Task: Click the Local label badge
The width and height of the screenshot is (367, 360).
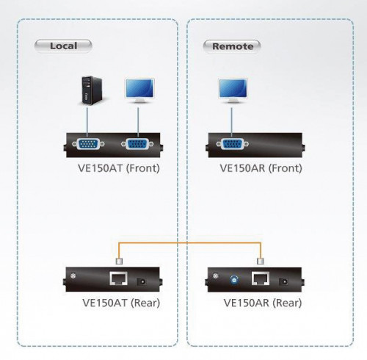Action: pyautogui.click(x=64, y=46)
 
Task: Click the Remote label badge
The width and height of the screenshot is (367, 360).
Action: pyautogui.click(x=231, y=46)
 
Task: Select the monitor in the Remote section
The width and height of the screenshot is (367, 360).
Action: pyautogui.click(x=233, y=90)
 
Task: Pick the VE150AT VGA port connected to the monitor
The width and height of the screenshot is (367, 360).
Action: pyautogui.click(x=137, y=143)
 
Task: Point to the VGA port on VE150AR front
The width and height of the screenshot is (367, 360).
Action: pyautogui.click(x=233, y=143)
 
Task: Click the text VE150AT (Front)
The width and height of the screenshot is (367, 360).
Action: pyautogui.click(x=117, y=168)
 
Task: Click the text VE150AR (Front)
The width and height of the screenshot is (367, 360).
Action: pyautogui.click(x=261, y=168)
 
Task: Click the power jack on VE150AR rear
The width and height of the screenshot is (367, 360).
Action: pyautogui.click(x=283, y=281)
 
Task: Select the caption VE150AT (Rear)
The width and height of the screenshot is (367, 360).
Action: pyautogui.click(x=119, y=303)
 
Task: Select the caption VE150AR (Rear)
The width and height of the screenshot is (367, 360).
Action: pyautogui.click(x=261, y=303)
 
